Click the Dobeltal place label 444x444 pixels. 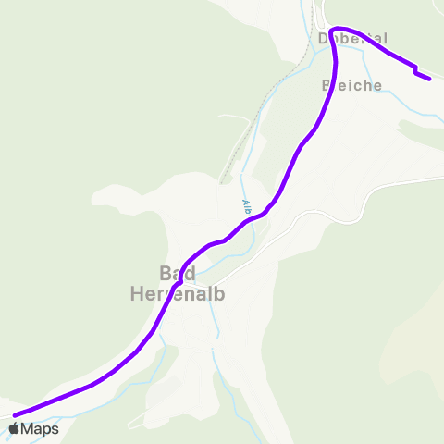pyautogui.click(x=352, y=39)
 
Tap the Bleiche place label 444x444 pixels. pyautogui.click(x=352, y=85)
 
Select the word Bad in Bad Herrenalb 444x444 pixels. pyautogui.click(x=177, y=274)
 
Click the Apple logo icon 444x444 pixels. pyautogui.click(x=14, y=428)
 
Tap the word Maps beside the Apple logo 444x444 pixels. pyautogui.click(x=40, y=428)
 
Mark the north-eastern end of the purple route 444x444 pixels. pyautogui.click(x=429, y=80)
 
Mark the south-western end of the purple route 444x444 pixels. pyautogui.click(x=15, y=414)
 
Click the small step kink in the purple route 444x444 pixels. pyautogui.click(x=415, y=69)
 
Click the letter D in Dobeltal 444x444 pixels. pyautogui.click(x=324, y=39)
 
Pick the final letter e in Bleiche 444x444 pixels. pyautogui.click(x=377, y=85)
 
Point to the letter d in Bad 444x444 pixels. pyautogui.click(x=190, y=274)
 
